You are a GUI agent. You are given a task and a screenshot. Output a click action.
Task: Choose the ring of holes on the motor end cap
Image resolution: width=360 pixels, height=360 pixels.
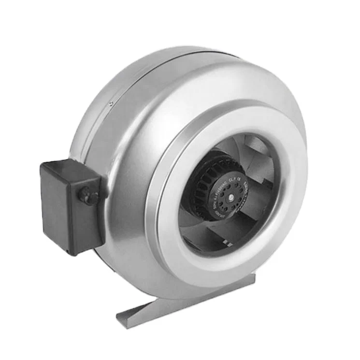pos(220,184)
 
